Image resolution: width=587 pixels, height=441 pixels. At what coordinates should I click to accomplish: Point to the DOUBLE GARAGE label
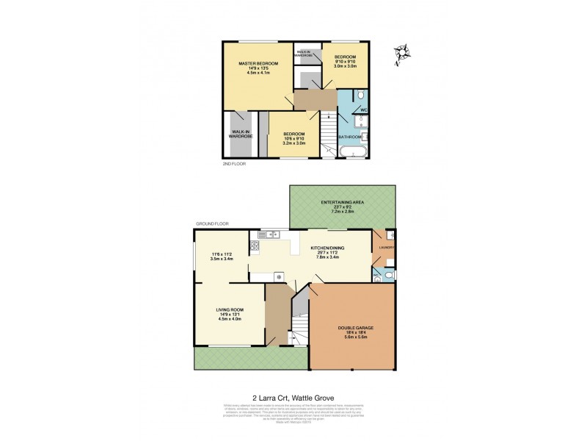coord(354,328)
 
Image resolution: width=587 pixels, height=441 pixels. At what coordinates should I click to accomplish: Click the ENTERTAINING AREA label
coord(343,202)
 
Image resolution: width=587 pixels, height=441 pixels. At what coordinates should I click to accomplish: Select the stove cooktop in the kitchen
coord(279,276)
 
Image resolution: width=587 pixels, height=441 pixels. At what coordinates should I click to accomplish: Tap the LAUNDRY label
coord(387,248)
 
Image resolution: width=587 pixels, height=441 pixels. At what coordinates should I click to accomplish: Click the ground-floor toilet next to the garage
coord(388,274)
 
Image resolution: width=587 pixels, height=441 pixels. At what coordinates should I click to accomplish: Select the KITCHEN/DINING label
coord(329,249)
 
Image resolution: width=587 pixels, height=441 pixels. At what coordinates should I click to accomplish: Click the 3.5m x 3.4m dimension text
coord(221,259)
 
